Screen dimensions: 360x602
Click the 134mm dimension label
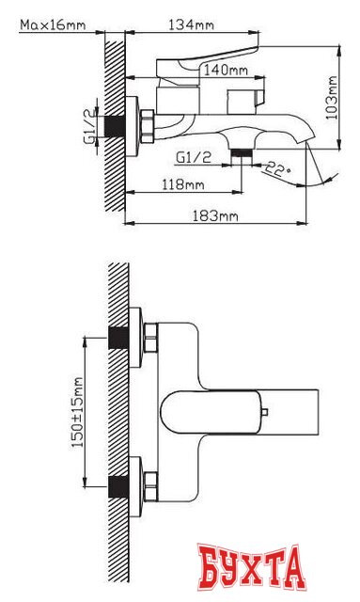point(191,25)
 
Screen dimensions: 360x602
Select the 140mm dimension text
point(226,71)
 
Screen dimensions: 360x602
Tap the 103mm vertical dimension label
point(332,98)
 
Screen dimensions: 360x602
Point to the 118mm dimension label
point(182,184)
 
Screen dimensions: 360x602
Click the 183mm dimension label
point(215,215)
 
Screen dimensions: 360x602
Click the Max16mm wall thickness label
point(53,25)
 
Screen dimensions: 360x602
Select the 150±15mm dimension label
point(78,412)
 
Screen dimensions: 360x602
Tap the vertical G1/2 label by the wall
point(90,126)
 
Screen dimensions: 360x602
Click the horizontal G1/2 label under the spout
point(194,157)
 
